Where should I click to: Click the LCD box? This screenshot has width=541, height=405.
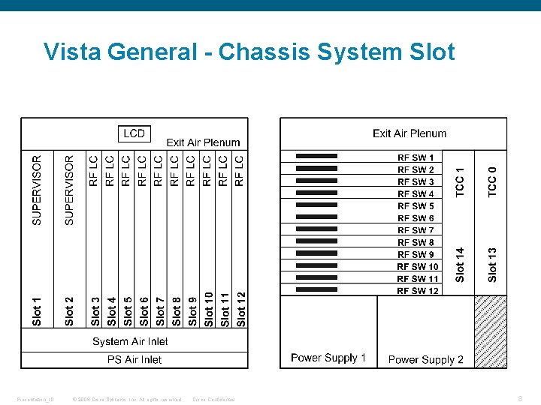[134, 133]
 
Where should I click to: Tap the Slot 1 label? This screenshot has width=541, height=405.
[37, 311]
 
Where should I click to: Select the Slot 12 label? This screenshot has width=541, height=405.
[241, 309]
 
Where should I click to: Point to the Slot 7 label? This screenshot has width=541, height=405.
[160, 311]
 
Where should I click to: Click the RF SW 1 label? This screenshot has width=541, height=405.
[416, 157]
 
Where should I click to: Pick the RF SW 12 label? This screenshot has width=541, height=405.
[418, 291]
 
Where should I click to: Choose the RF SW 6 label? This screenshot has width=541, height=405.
[416, 218]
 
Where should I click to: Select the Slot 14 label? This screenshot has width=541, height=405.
[461, 265]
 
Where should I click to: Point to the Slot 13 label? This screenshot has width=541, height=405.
[492, 265]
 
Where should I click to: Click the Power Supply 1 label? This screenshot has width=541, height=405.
[328, 358]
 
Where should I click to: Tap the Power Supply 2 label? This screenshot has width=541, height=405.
[425, 359]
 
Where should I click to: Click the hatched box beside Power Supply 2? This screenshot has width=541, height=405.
[489, 331]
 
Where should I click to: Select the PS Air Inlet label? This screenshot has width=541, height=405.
[134, 359]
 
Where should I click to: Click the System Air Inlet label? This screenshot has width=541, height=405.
[130, 341]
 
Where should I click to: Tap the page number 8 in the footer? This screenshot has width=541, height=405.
[521, 398]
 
